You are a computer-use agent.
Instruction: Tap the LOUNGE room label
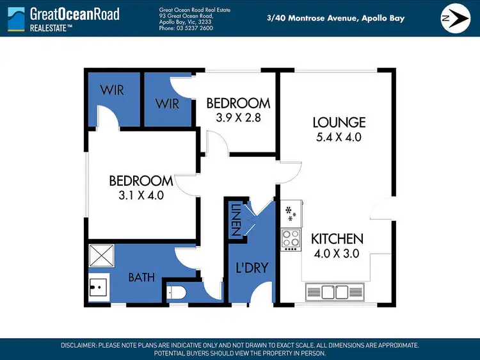tap(339, 122)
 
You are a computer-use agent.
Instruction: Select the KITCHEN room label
tap(337, 239)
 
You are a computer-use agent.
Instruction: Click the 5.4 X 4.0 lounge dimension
tap(339, 136)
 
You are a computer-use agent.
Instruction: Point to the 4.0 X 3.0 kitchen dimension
tap(337, 253)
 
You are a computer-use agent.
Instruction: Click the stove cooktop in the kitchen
tap(291, 238)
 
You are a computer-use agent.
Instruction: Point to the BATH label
tap(141, 277)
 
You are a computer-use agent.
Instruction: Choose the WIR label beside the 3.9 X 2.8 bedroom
tap(168, 103)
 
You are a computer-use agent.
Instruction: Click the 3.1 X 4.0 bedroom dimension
tap(140, 195)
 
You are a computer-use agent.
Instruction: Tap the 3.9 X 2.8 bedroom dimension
tap(237, 117)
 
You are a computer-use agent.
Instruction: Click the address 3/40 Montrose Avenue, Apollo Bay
tap(335, 19)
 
